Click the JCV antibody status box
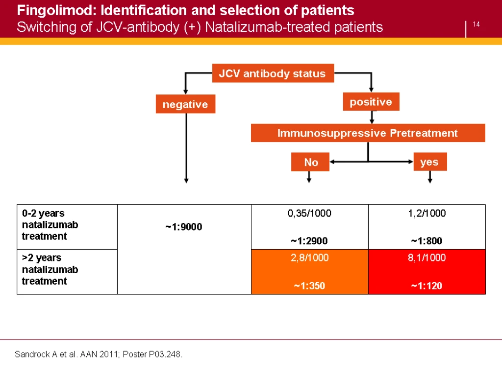coord(273,73)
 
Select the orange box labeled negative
coord(185,104)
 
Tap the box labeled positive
coord(371,102)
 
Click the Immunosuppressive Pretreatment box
coord(368,133)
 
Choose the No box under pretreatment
coord(310,162)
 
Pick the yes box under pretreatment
coord(430,162)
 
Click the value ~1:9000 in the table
coord(184,227)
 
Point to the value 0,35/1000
coord(309,213)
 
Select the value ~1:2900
coord(309,241)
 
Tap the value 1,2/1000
coord(427,213)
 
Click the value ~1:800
coord(427,241)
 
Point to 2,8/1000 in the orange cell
coord(310,258)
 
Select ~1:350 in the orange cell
coord(310,285)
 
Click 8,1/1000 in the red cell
coord(427,258)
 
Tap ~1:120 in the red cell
coord(427,285)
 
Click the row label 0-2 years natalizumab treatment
coord(50,225)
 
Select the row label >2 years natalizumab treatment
coord(50,269)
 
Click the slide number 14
coord(476,24)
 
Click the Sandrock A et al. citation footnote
coord(99,354)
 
